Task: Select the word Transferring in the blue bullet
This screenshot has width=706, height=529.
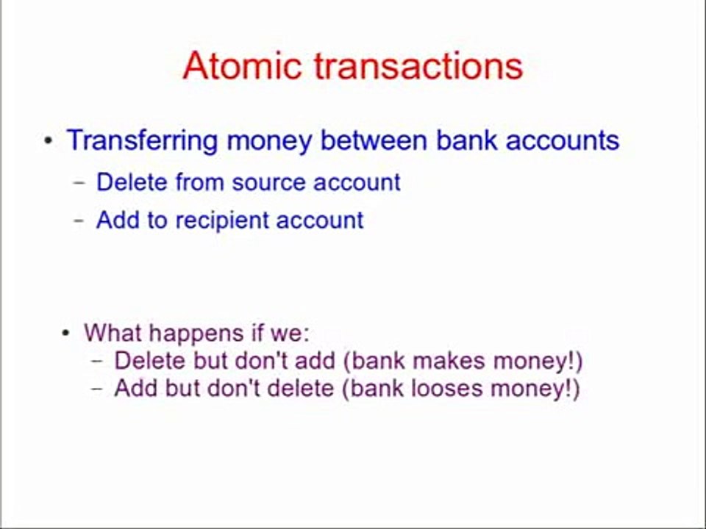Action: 142,140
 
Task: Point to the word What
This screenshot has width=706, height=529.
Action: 110,333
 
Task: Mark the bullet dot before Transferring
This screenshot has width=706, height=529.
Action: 49,140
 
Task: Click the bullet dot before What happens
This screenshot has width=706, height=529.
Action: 66,334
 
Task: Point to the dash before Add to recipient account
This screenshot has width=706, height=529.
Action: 80,220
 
